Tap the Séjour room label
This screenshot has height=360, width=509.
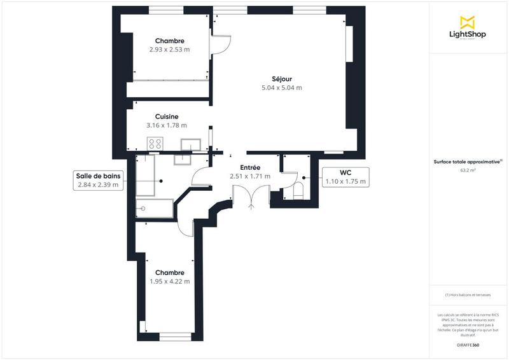pyautogui.click(x=281, y=79)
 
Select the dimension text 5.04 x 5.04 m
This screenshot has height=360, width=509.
pyautogui.click(x=281, y=88)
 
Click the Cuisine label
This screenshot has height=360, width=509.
pyautogui.click(x=167, y=116)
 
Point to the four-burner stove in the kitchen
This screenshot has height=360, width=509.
pyautogui.click(x=155, y=144)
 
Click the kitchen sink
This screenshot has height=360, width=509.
pyautogui.click(x=191, y=144)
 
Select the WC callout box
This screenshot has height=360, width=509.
pyautogui.click(x=345, y=177)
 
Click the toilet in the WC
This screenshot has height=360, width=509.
pyautogui.click(x=298, y=191)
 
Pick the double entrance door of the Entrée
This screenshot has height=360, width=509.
pyautogui.click(x=244, y=196)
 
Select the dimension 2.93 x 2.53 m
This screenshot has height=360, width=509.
pyautogui.click(x=169, y=50)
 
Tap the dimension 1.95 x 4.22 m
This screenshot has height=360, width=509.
pyautogui.click(x=169, y=280)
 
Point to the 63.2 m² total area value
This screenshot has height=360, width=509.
pyautogui.click(x=468, y=170)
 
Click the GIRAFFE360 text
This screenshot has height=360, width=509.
pyautogui.click(x=468, y=344)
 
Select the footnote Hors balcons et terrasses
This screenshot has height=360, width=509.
pyautogui.click(x=468, y=295)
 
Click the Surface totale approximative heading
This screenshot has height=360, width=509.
pyautogui.click(x=468, y=162)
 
